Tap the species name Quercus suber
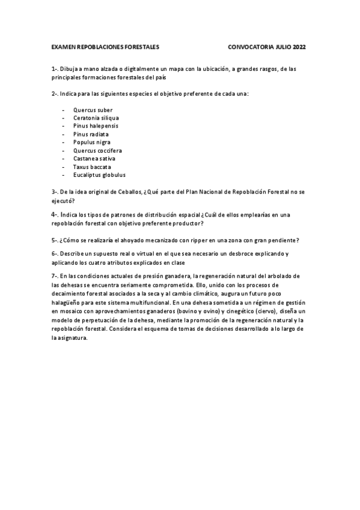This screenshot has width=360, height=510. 88,110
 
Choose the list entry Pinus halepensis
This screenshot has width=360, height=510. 96,126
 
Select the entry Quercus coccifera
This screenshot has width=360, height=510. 97,150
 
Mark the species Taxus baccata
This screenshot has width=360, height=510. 92,167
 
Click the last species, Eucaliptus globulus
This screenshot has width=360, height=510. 99,175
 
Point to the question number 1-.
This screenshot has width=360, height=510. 55,69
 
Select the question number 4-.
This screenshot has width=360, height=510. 55,215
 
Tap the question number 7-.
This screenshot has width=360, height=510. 55,275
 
